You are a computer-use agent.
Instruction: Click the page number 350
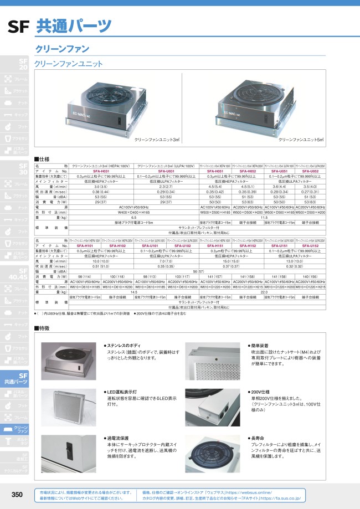click(17, 494)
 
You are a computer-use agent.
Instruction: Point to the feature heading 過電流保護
click(119, 438)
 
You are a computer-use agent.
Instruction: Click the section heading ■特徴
click(42, 328)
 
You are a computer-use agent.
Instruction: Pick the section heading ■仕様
click(42, 158)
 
